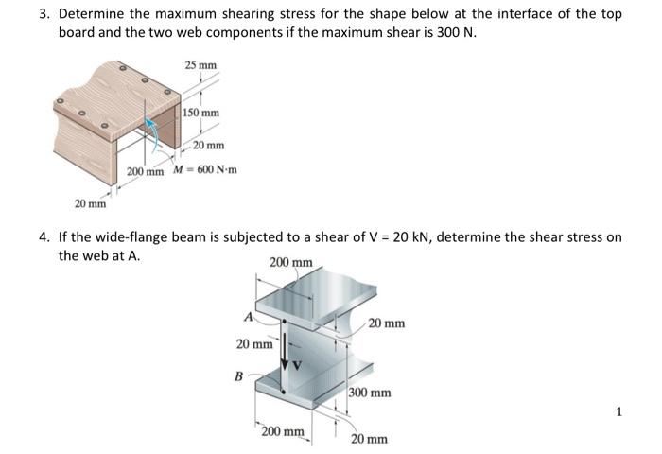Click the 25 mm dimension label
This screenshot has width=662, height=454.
(200, 65)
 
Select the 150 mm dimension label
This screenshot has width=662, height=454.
(203, 113)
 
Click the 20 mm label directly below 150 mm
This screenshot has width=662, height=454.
(209, 145)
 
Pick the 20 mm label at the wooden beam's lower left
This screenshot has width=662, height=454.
(91, 202)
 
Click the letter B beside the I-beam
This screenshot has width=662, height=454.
(238, 376)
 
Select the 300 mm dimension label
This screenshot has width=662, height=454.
(369, 393)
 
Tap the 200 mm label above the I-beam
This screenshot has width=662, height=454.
(290, 262)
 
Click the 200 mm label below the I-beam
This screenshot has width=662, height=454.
(283, 432)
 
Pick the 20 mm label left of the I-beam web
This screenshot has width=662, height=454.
(254, 344)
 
